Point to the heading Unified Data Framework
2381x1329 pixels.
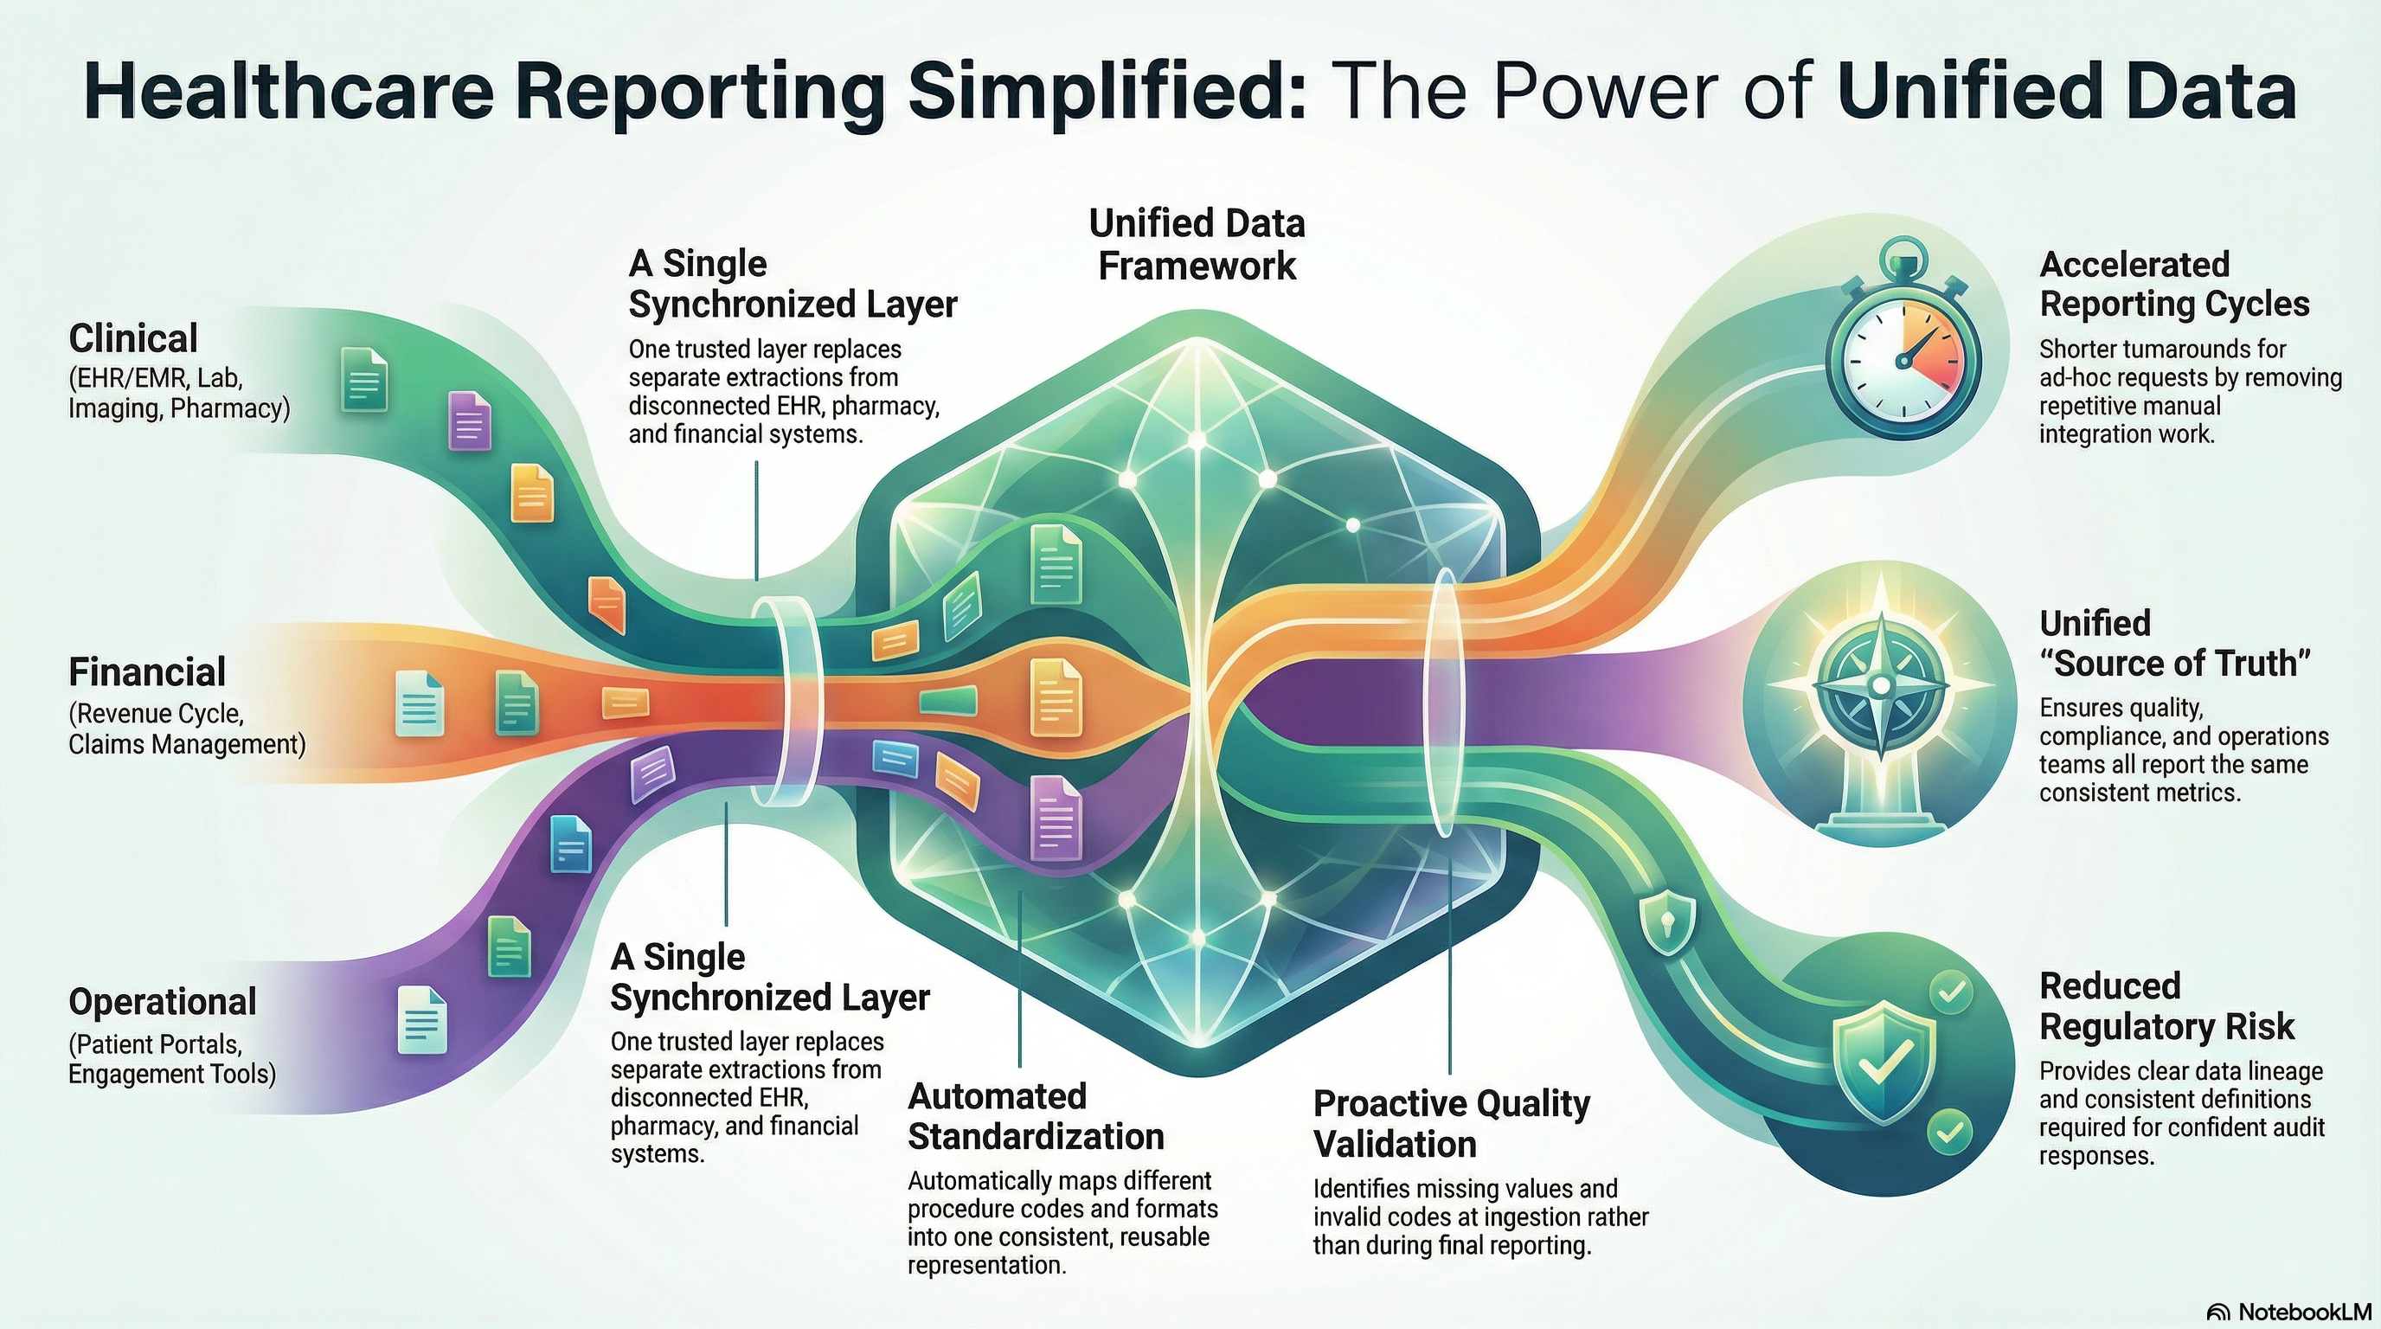(1197, 245)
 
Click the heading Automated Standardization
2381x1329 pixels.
(1036, 1116)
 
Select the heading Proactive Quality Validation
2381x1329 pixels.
(1451, 1123)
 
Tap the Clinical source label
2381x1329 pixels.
(133, 339)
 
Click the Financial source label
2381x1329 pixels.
(147, 673)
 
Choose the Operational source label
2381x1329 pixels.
(163, 1002)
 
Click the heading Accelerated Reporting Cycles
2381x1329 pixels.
(2174, 284)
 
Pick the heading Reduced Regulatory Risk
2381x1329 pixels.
(2166, 1005)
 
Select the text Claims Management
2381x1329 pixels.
(187, 744)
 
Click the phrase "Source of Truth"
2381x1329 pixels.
(2177, 664)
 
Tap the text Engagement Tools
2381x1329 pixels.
(172, 1074)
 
